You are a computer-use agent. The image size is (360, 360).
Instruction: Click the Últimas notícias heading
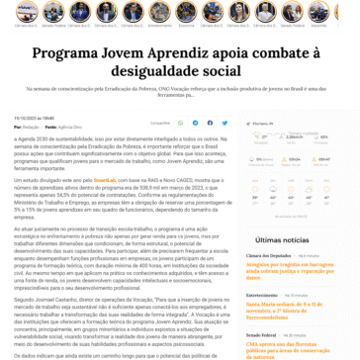pyautogui.click(x=281, y=239)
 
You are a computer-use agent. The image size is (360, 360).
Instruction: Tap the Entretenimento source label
pyautogui.click(x=262, y=294)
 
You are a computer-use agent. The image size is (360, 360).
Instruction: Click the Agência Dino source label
pyautogui.click(x=70, y=128)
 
